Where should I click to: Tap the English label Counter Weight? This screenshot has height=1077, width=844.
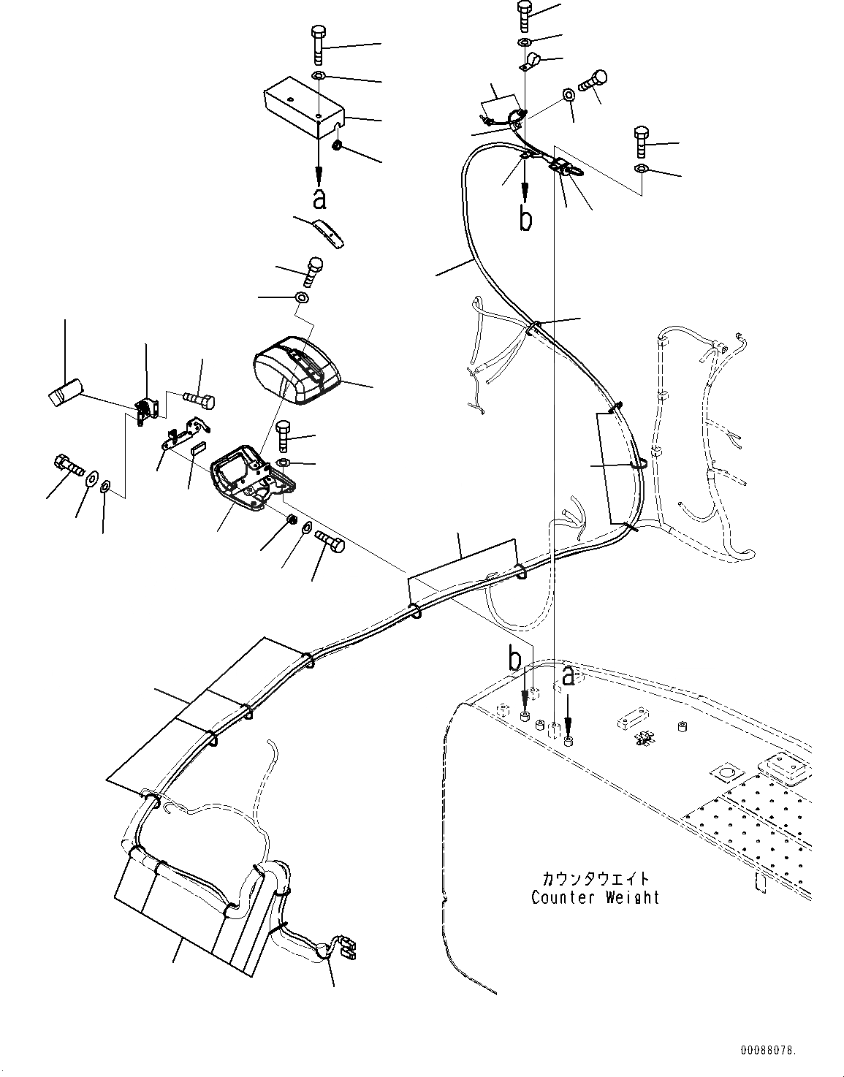coord(595,898)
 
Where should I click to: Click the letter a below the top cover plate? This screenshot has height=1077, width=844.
coord(319,198)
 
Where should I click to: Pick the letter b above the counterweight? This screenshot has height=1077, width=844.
coord(515,661)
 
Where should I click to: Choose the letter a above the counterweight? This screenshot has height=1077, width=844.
coord(569,677)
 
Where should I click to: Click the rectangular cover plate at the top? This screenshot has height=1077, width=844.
coord(303,110)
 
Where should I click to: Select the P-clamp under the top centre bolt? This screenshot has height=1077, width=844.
coord(531,63)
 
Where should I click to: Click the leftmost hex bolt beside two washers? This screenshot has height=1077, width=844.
coord(66,464)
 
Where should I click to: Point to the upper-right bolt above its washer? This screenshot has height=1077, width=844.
coord(641,141)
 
